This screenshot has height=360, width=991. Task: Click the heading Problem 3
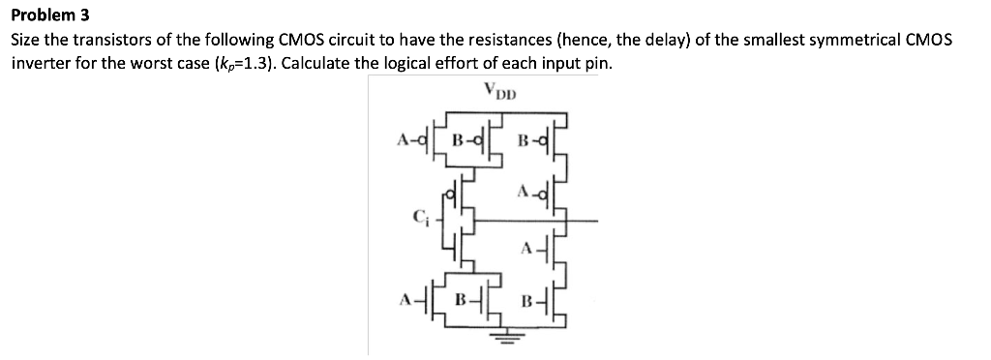pos(48,16)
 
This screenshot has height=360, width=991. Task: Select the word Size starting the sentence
pos(26,42)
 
